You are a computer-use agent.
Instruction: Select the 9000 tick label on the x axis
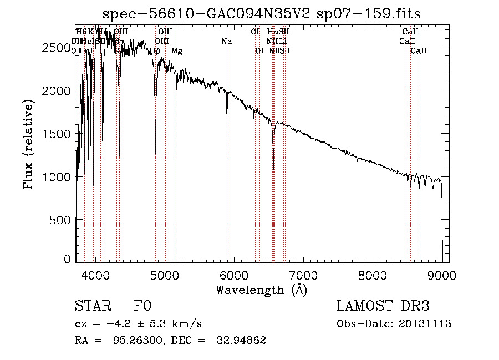(x=442, y=275)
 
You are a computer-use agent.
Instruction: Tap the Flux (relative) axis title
(x=28, y=144)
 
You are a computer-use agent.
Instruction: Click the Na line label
(x=226, y=42)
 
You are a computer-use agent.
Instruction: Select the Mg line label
(x=177, y=51)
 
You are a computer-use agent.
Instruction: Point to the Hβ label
(x=155, y=51)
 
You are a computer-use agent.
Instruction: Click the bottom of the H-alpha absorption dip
(x=273, y=169)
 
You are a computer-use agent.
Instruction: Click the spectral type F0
(x=142, y=306)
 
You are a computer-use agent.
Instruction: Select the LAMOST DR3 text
(x=383, y=306)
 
